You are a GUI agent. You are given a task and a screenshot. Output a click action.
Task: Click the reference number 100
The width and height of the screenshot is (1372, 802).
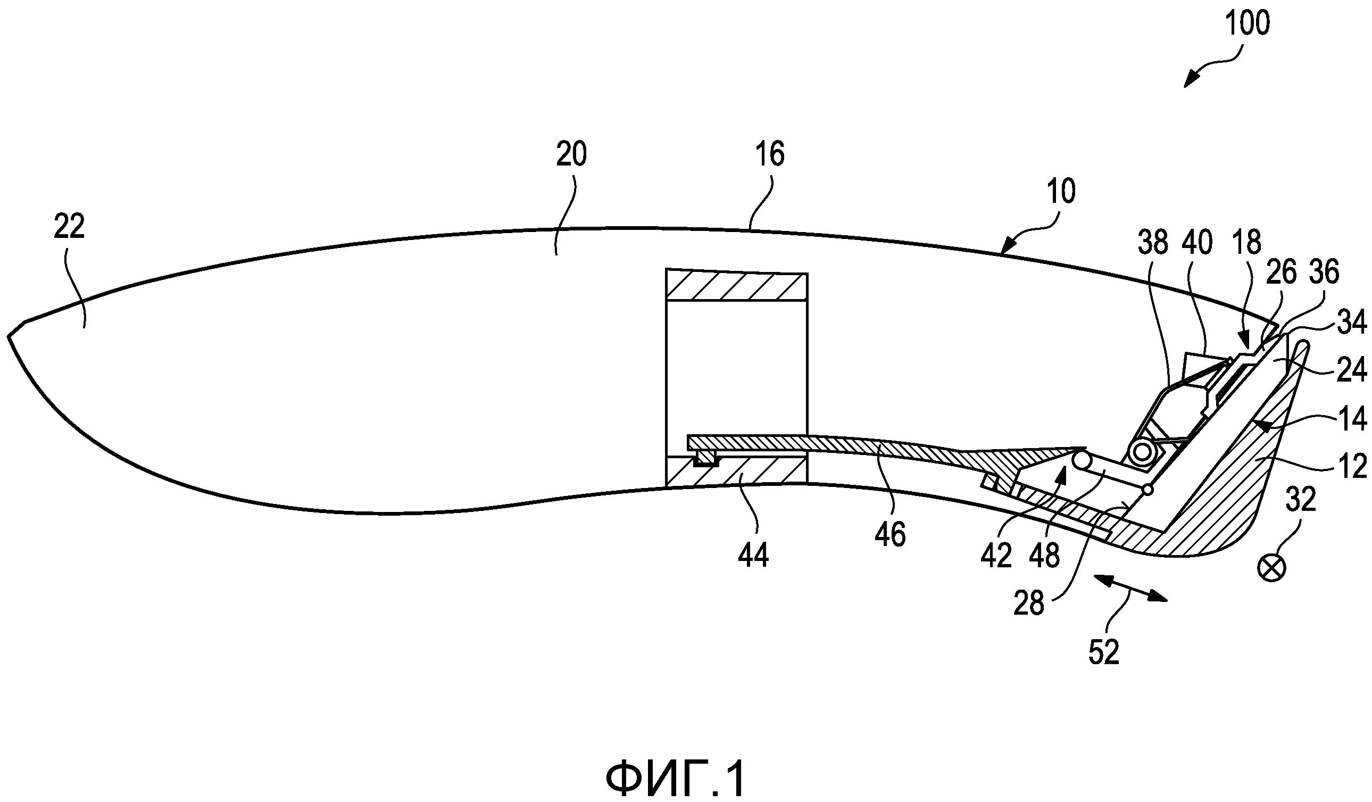1246,24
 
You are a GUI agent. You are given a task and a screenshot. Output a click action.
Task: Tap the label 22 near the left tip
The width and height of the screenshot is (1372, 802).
69,227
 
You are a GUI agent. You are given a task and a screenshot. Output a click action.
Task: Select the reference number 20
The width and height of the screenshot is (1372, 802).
571,155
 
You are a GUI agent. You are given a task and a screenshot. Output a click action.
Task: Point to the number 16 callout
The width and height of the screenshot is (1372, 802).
770,155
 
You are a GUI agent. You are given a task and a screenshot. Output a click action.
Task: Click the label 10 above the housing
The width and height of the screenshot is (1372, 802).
1061,192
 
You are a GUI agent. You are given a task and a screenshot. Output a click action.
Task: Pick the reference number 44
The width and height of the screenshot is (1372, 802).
753,556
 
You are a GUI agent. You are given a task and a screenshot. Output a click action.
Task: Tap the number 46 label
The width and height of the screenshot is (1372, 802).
889,534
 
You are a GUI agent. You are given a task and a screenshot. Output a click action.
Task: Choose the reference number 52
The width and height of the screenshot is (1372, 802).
1103,652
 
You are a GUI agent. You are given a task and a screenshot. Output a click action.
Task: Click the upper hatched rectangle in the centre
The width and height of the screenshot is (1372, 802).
736,286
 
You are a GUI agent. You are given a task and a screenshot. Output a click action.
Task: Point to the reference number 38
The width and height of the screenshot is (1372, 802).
1153,243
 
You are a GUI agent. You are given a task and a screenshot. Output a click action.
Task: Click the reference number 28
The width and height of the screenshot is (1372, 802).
1028,604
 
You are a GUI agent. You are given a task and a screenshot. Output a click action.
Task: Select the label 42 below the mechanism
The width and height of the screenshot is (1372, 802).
996,556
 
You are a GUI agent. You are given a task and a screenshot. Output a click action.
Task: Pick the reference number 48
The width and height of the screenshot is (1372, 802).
1044,556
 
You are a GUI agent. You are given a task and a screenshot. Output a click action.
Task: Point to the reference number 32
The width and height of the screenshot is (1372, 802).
1301,499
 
